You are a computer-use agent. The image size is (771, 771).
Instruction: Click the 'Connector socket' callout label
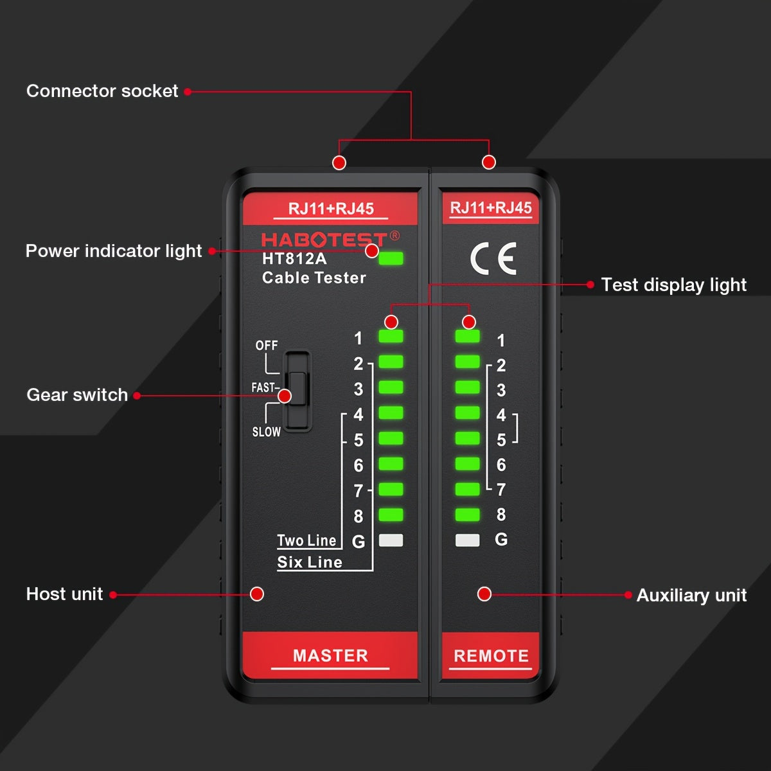coord(102,91)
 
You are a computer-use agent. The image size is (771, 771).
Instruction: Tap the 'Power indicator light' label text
coord(114,251)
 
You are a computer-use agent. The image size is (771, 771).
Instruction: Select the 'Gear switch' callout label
coord(77,394)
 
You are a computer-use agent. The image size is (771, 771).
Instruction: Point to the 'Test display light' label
coord(673,285)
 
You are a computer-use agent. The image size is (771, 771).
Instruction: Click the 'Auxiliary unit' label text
coord(691,595)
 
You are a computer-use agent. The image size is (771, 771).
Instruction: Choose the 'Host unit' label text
coord(64,594)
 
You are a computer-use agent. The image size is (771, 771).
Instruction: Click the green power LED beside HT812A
coord(391,259)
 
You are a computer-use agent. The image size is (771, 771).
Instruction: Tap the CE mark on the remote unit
coord(493,259)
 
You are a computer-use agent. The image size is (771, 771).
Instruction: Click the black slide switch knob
coord(297,387)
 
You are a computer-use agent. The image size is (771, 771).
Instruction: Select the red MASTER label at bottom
coord(330,655)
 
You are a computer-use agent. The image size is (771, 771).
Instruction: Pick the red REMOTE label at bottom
coord(491,656)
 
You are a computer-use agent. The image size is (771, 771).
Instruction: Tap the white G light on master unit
coord(391,540)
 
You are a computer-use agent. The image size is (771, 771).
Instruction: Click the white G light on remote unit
coord(467,540)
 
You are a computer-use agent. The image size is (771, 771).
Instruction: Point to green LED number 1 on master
coord(391,336)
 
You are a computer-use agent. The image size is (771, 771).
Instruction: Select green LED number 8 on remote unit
coord(467,514)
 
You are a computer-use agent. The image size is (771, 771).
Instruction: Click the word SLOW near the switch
coord(266,432)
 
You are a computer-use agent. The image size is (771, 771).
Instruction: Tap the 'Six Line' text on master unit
coord(309,562)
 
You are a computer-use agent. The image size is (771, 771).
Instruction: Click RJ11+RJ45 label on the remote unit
coord(491,208)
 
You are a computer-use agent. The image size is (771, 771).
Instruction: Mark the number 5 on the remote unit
coord(501,440)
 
